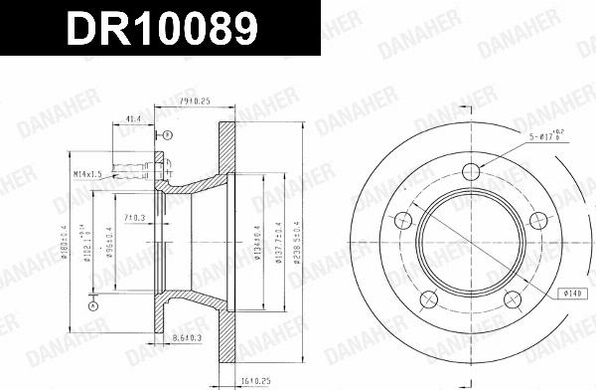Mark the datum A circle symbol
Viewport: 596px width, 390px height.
(x=92, y=307)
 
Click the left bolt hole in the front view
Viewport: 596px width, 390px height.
(x=403, y=221)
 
